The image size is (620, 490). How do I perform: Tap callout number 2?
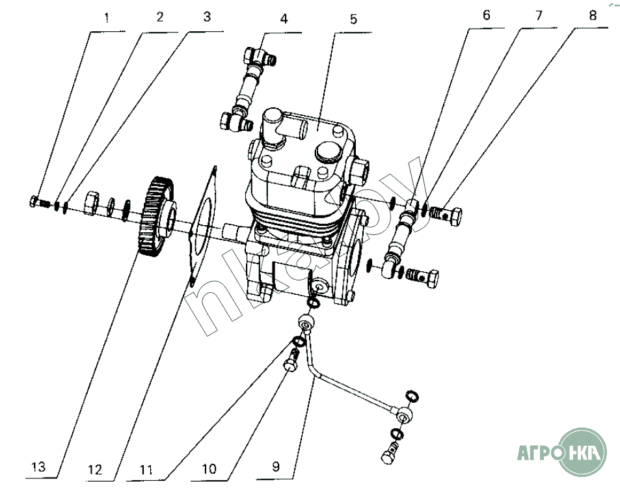pyautogui.click(x=160, y=18)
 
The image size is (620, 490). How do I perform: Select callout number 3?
pyautogui.click(x=207, y=18)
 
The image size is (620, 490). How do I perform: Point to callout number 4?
pyautogui.click(x=284, y=19)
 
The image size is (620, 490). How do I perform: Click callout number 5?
pyautogui.click(x=353, y=19)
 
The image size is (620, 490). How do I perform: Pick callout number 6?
pyautogui.click(x=486, y=16)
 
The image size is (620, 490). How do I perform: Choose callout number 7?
pyautogui.click(x=539, y=16)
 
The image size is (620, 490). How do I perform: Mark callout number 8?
pyautogui.click(x=592, y=16)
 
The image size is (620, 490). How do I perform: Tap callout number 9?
pyautogui.click(x=275, y=466)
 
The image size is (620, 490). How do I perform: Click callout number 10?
pyautogui.click(x=209, y=468)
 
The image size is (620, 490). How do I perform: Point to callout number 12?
pyautogui.click(x=96, y=468)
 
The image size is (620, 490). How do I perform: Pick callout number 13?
pyautogui.click(x=39, y=467)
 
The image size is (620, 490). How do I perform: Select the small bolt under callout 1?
pyautogui.click(x=38, y=202)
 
